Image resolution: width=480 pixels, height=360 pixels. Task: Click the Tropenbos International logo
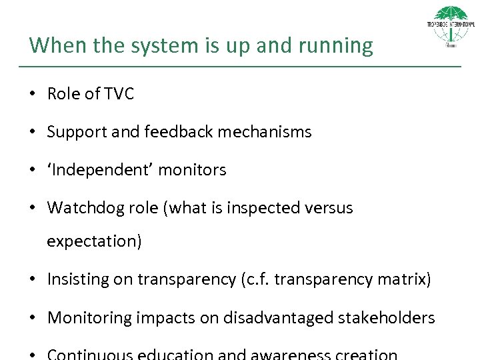[x=451, y=27]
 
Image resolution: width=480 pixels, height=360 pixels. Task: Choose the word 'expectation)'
[x=94, y=241]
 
